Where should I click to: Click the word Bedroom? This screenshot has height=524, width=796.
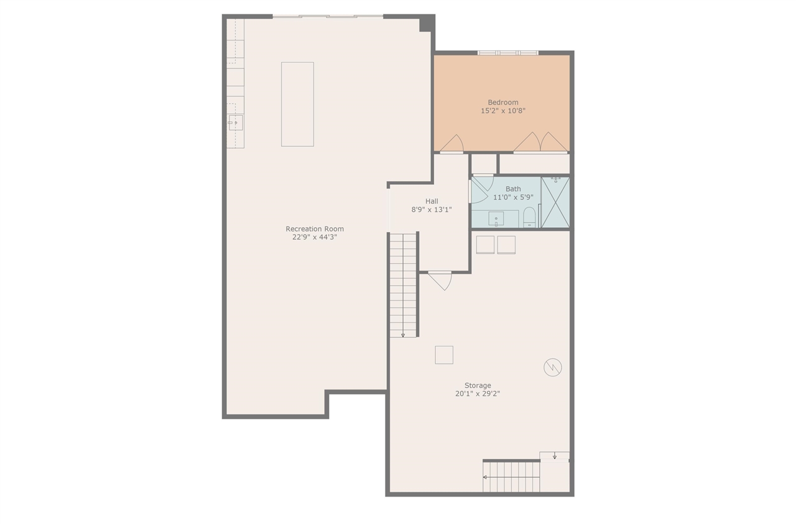(502, 103)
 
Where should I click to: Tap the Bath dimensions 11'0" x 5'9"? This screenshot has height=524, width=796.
(513, 197)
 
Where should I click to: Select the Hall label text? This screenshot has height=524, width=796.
(432, 201)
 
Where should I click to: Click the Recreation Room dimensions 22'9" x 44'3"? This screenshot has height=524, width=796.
(314, 237)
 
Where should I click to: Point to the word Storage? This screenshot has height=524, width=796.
(478, 385)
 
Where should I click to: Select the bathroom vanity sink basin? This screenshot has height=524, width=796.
(496, 219)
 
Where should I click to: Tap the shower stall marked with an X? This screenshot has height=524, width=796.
(555, 203)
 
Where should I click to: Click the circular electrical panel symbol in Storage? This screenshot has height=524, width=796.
(552, 368)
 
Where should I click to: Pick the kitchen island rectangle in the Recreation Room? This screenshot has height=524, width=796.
(297, 104)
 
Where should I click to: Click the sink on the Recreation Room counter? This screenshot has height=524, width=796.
(235, 123)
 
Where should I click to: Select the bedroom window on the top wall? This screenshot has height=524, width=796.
(508, 53)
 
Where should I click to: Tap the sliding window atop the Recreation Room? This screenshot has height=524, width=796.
(328, 16)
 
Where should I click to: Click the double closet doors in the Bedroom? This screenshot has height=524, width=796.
(540, 143)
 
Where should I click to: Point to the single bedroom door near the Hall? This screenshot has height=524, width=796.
(452, 144)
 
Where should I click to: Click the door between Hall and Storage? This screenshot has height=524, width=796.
(440, 280)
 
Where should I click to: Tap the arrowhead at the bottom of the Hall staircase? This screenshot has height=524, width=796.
(403, 335)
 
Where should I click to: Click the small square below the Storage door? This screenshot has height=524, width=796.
(444, 355)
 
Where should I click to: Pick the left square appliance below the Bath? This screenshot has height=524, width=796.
(485, 245)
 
